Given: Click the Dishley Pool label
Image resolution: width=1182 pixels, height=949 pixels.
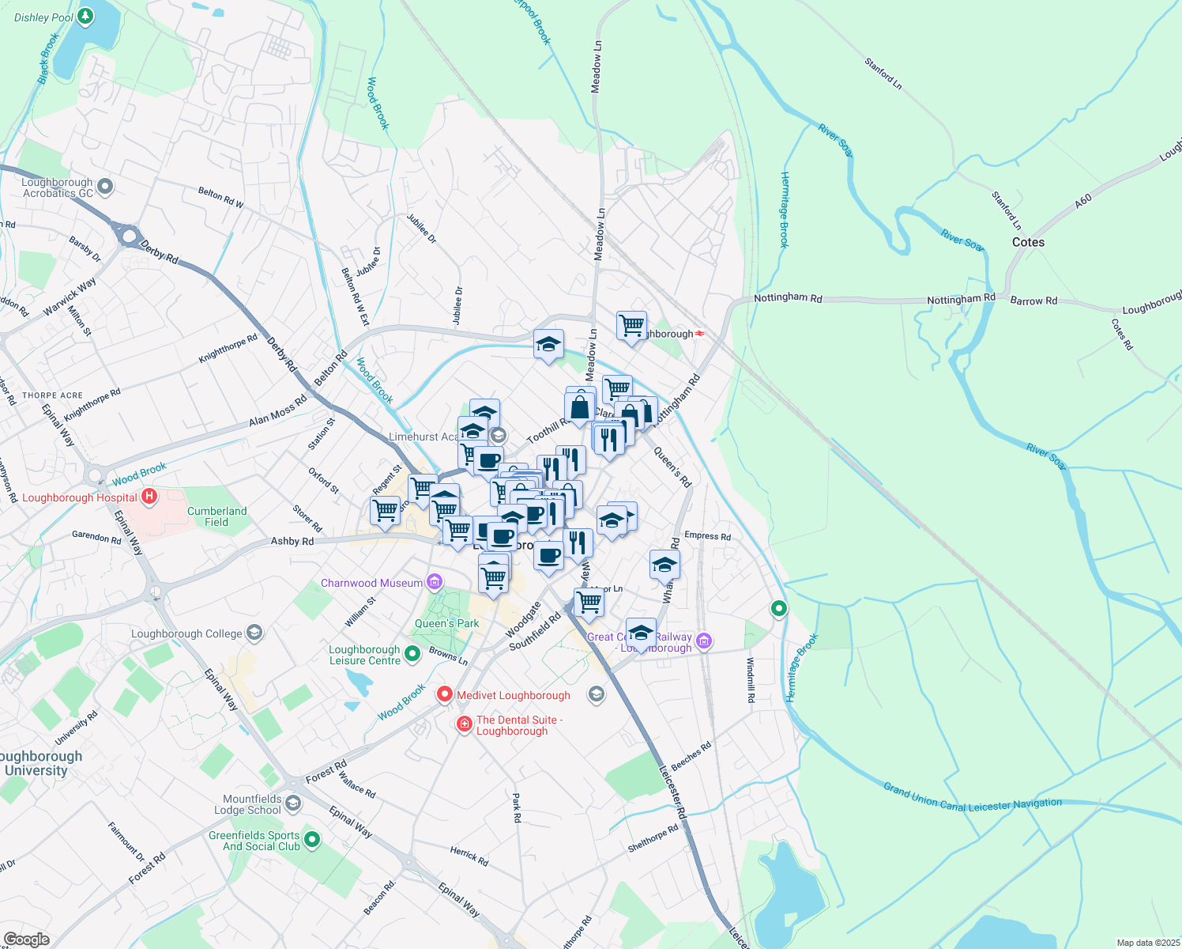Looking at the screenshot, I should click(x=43, y=17).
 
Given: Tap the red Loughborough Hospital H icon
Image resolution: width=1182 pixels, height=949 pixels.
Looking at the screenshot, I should click(x=149, y=497).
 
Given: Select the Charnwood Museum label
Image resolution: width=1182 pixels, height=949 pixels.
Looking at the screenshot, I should click(x=371, y=583).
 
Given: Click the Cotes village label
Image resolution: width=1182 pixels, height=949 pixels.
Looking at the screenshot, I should click(x=1028, y=242).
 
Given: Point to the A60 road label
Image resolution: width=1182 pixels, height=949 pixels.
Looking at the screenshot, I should click(x=1082, y=201).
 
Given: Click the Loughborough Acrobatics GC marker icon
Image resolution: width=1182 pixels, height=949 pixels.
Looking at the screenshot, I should click(x=105, y=187).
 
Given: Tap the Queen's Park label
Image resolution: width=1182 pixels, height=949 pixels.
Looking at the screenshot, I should click(x=446, y=623).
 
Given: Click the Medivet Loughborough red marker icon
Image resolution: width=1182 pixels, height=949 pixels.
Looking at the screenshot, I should click(x=445, y=694).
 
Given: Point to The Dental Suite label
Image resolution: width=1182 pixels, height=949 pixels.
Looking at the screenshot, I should click(x=519, y=725).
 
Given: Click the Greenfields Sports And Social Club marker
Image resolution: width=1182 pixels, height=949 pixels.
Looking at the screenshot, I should click(x=312, y=840).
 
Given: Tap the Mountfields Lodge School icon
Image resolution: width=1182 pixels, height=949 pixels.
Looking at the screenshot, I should click(x=293, y=804).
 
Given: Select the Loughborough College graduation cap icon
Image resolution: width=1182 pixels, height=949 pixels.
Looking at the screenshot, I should click(x=254, y=633).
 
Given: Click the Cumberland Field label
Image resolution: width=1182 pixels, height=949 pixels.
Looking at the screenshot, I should click(x=216, y=516).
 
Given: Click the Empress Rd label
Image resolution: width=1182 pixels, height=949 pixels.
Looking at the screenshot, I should click(x=707, y=535).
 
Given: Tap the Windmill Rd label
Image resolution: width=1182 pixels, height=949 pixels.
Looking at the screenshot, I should click(x=751, y=679).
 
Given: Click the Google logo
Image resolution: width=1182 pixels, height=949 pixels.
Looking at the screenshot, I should click(x=26, y=939).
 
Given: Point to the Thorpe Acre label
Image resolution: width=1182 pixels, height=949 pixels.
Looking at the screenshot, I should click(x=52, y=395).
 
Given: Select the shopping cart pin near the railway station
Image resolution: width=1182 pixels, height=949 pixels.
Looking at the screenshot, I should click(x=631, y=324).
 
